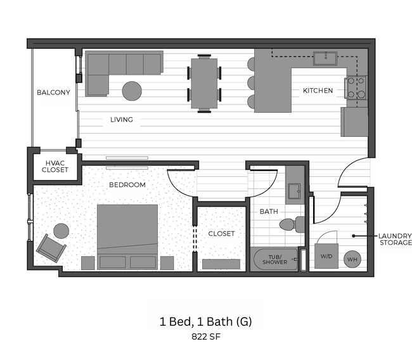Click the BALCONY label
[x=53, y=93]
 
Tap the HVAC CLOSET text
[x=55, y=166]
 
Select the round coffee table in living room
[x=132, y=91]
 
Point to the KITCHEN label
[x=318, y=91]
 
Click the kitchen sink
[x=328, y=58]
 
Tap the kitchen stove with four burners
[x=356, y=87]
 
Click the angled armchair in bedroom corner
[x=50, y=247]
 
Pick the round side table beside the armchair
[x=61, y=231]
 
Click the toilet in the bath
[x=292, y=224]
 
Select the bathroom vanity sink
[x=295, y=190]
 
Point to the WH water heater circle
[x=353, y=259]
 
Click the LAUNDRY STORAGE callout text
[x=396, y=239]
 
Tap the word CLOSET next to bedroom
[x=221, y=233]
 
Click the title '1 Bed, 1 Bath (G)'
[x=205, y=321]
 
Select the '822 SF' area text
[x=205, y=337]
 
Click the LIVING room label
[x=121, y=119]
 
